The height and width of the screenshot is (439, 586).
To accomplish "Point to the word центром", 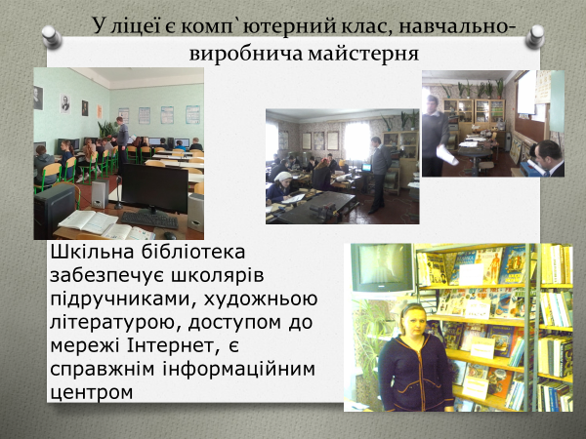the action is [x=92, y=393].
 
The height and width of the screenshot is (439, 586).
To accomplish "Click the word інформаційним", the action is [x=239, y=369].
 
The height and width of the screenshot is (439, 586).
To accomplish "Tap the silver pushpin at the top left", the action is [x=52, y=37].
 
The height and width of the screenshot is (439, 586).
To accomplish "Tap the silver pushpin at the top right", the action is [x=535, y=37].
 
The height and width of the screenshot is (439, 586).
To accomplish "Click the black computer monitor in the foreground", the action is [x=154, y=190].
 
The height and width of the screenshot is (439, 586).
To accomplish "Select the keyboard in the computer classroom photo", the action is [x=149, y=220].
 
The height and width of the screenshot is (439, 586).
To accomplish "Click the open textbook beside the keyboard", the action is [x=88, y=221].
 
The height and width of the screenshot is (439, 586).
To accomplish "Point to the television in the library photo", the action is [x=382, y=267].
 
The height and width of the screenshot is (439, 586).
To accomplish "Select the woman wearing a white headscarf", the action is [x=280, y=186].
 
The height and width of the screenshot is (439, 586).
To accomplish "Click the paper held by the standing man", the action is [x=447, y=154].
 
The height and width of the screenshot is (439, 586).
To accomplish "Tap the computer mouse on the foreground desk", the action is [x=170, y=235].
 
